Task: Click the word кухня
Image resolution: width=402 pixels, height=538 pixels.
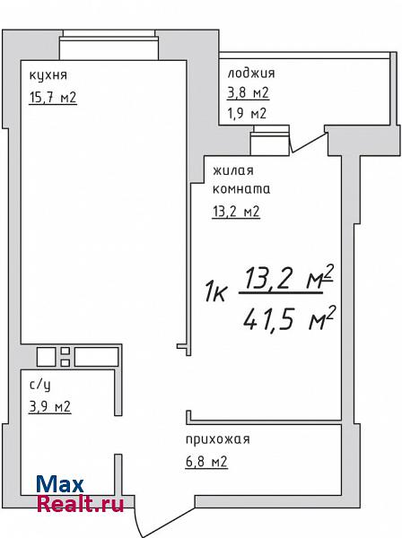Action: click(x=48, y=75)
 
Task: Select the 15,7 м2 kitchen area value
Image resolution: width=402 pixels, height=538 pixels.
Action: click(x=53, y=98)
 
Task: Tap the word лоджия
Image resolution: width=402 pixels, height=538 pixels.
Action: click(x=251, y=74)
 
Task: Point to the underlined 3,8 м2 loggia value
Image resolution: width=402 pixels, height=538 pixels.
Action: click(x=248, y=92)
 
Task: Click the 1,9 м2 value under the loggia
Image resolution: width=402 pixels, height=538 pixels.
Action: click(x=247, y=113)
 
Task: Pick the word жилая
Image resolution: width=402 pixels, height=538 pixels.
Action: click(x=233, y=171)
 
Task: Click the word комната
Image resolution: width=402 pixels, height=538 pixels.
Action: click(x=241, y=189)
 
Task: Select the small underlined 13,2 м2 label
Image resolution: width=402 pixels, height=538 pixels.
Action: click(x=236, y=212)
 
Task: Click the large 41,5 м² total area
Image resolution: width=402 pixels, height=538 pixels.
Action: click(x=289, y=318)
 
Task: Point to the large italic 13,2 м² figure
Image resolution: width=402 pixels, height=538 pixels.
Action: click(x=288, y=278)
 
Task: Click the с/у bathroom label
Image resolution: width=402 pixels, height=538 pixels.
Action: click(x=39, y=386)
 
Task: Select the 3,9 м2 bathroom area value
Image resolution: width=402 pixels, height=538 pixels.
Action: click(x=50, y=407)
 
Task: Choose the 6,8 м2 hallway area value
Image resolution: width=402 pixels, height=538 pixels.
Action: click(x=206, y=462)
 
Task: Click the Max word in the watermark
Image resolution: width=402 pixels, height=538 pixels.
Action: click(x=60, y=484)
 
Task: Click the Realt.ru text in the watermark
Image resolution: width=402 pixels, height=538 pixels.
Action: click(x=80, y=504)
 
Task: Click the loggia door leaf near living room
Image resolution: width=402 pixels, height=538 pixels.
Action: click(x=308, y=143)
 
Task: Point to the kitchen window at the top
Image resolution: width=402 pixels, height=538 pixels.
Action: click(x=109, y=45)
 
